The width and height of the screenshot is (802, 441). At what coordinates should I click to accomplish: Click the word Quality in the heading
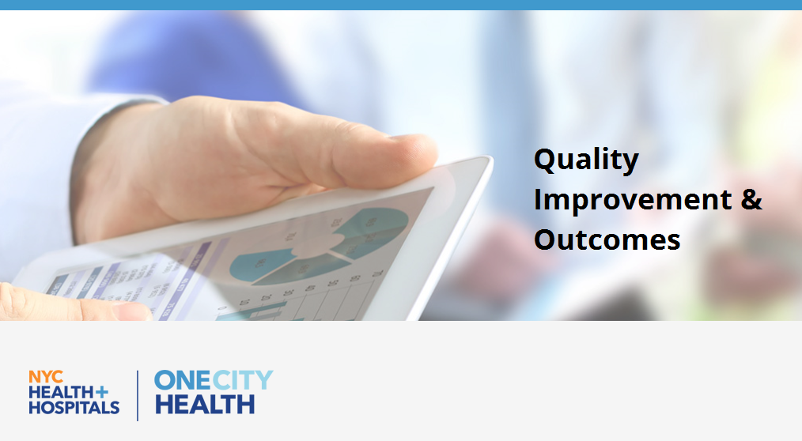click(586, 160)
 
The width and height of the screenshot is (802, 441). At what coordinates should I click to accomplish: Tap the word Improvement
click(633, 199)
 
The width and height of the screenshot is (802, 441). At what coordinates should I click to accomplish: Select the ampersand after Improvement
click(751, 199)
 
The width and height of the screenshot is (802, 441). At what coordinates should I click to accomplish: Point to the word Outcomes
click(607, 239)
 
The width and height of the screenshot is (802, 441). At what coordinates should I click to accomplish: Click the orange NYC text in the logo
click(46, 377)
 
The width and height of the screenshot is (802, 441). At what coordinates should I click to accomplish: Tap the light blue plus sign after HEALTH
click(102, 392)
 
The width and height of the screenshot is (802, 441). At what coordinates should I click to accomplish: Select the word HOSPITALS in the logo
click(74, 407)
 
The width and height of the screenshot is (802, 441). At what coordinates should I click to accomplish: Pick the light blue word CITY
click(243, 381)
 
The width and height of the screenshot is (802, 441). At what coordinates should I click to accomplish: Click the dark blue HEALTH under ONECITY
click(205, 404)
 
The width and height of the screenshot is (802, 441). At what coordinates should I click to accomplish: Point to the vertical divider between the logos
click(138, 395)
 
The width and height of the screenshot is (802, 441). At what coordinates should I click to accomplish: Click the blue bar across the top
click(401, 5)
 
